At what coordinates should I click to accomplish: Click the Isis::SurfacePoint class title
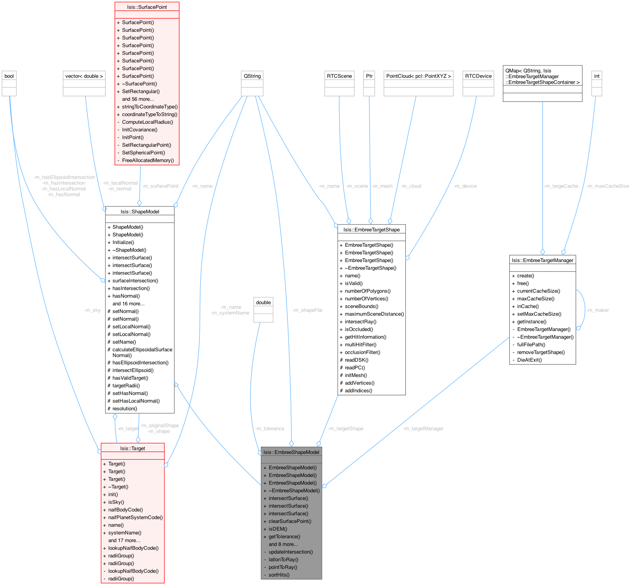tap(147, 7)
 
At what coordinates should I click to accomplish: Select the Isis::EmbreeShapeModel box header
tap(291, 452)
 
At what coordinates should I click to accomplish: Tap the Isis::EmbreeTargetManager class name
tap(543, 260)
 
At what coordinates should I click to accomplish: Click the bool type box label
tap(9, 76)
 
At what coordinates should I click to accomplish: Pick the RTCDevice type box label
tap(478, 76)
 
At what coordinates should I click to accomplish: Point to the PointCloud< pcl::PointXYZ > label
tap(418, 76)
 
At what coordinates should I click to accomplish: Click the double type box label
tap(263, 302)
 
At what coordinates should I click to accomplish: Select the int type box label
tap(597, 76)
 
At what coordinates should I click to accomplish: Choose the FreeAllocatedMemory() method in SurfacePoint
tap(148, 160)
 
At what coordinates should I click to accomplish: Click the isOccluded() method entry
tap(359, 329)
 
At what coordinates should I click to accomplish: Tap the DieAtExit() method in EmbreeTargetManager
tap(530, 360)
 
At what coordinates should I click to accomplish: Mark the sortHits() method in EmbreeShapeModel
tap(279, 575)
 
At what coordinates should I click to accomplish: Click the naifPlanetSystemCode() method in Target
tap(136, 517)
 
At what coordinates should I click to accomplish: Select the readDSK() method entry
tap(356, 360)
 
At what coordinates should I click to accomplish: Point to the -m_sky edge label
tap(92, 310)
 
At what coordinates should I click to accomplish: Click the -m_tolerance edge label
tap(270, 428)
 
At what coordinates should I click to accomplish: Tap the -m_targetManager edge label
tap(423, 428)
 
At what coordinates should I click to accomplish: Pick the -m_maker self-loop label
tap(598, 310)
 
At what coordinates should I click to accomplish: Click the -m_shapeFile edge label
tap(307, 310)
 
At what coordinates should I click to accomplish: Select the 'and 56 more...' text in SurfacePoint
tap(138, 99)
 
